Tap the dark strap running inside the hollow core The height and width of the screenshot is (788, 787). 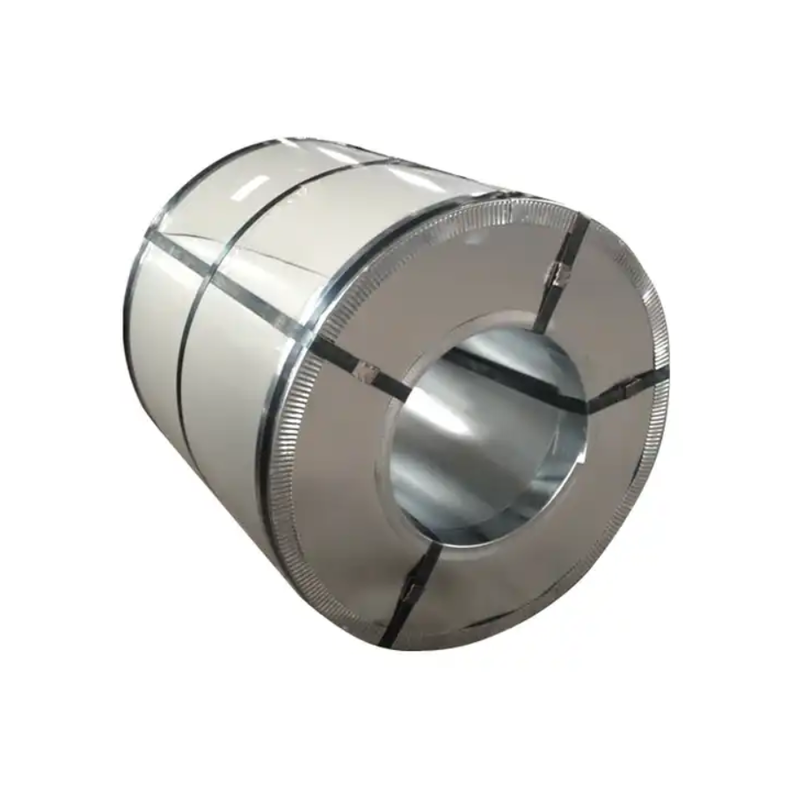point(528,387)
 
